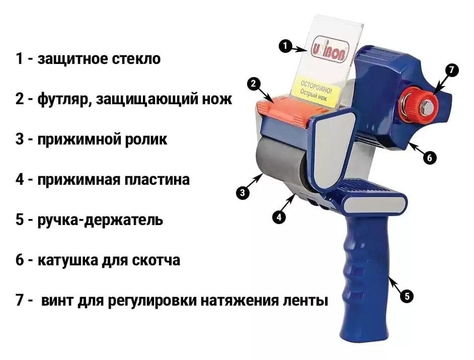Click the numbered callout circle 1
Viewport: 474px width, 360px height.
coord(285,46)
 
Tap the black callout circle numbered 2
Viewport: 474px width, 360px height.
coord(254,84)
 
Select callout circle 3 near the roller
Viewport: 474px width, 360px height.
coord(243,193)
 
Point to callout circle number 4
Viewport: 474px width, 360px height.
coord(279,217)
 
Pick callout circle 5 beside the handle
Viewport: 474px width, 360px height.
coord(407,296)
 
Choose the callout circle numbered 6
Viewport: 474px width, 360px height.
coord(430,157)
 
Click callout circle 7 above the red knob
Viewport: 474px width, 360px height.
coord(451,70)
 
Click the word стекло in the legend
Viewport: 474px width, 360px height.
coord(136,59)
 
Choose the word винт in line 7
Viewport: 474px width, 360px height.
coord(57,301)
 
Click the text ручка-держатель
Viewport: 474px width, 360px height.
coord(100,220)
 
